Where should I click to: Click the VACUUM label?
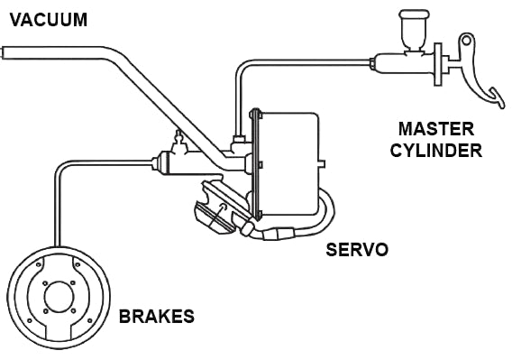49,20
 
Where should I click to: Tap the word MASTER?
436,129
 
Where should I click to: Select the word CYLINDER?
436,151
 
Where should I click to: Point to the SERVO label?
357,250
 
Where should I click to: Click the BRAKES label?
157,317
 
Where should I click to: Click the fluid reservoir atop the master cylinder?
414,30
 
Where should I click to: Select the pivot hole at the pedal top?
467,41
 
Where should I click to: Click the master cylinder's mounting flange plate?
438,64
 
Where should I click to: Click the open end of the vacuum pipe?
2,52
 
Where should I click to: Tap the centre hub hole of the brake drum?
59,296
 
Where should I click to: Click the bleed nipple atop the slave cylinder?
179,141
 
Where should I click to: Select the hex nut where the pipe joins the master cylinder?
372,63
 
